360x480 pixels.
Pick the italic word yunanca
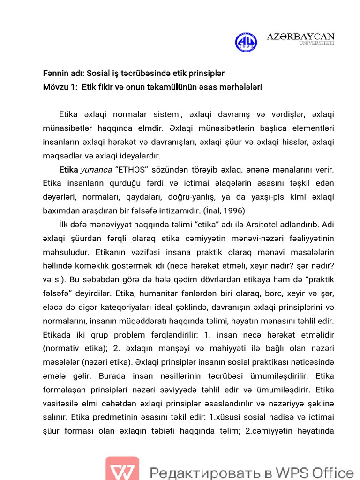(x=96, y=169)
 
